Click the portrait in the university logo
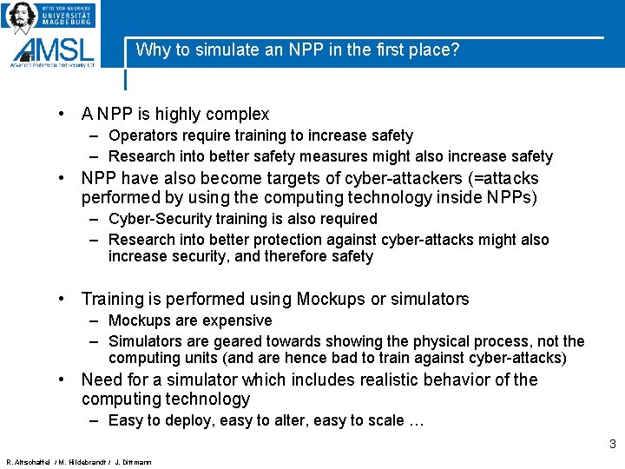coord(21,16)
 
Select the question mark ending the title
coord(455,50)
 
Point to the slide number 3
coord(612,444)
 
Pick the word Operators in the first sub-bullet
coord(140,135)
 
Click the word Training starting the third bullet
coord(114,300)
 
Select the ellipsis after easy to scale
coord(416,421)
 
